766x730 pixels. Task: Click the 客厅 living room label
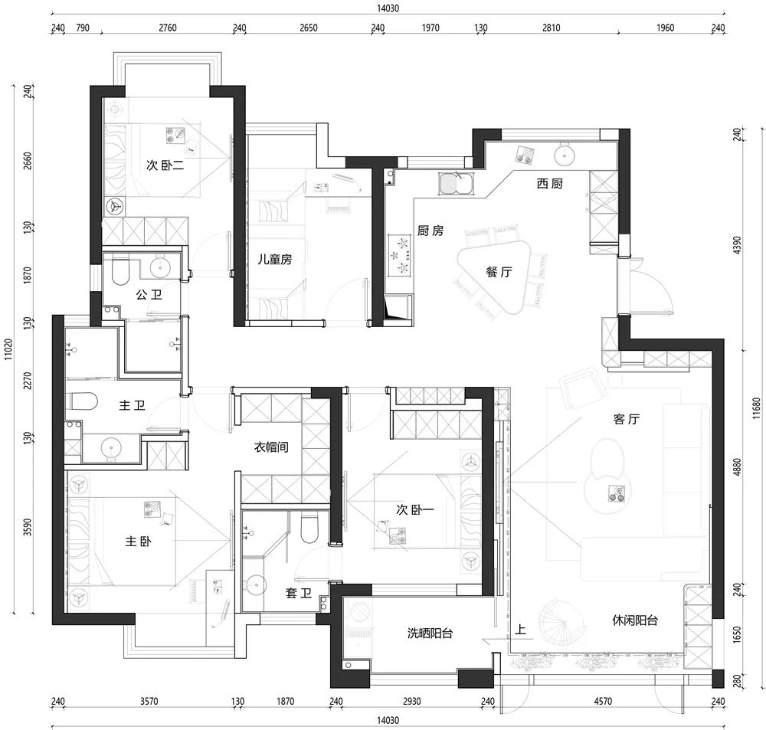coord(627,419)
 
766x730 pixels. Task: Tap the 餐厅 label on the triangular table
coord(499,272)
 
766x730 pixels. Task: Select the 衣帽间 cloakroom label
coord(271,447)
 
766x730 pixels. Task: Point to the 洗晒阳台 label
coord(430,633)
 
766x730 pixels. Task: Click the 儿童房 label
coord(275,259)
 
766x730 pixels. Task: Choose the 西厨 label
coord(549,184)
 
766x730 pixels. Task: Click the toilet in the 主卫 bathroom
coord(82,401)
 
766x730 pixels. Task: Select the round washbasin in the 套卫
coord(255,584)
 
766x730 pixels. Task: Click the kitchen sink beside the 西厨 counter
coord(455,184)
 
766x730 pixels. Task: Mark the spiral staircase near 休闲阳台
coord(561,625)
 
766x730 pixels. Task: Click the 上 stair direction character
coord(520,629)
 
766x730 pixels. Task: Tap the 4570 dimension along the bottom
coord(603,701)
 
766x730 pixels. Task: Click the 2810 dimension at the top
coord(551,28)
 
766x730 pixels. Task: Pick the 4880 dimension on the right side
coord(737,467)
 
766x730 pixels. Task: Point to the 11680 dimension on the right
coord(756,408)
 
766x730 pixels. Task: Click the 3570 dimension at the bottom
coord(149,701)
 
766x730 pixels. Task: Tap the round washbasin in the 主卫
coord(111,447)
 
